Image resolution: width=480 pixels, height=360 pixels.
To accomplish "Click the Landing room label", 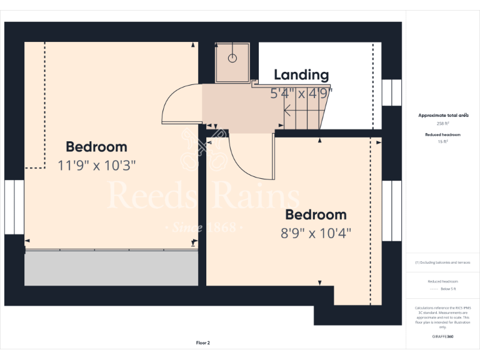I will pos(301,75).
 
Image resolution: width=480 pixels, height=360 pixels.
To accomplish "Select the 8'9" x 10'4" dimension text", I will pos(316,233).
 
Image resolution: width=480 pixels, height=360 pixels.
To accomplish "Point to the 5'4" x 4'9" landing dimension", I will pos(301,94).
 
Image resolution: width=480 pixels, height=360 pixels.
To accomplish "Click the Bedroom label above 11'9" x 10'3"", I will pos(96,147).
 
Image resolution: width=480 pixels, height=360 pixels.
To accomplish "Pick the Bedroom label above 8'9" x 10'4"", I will pos(316,215).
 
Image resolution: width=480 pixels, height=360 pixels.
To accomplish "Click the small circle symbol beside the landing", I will pos(232,58).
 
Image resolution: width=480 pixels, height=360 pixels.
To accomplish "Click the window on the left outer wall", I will pos(14,207).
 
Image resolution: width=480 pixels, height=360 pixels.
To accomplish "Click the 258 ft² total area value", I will pos(442,124).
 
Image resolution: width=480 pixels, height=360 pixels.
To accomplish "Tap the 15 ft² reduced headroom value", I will pos(442,142).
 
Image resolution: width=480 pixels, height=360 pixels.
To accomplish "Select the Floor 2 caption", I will pos(203,342).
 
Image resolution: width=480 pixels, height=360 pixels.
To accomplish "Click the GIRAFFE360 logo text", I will pos(442,337).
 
